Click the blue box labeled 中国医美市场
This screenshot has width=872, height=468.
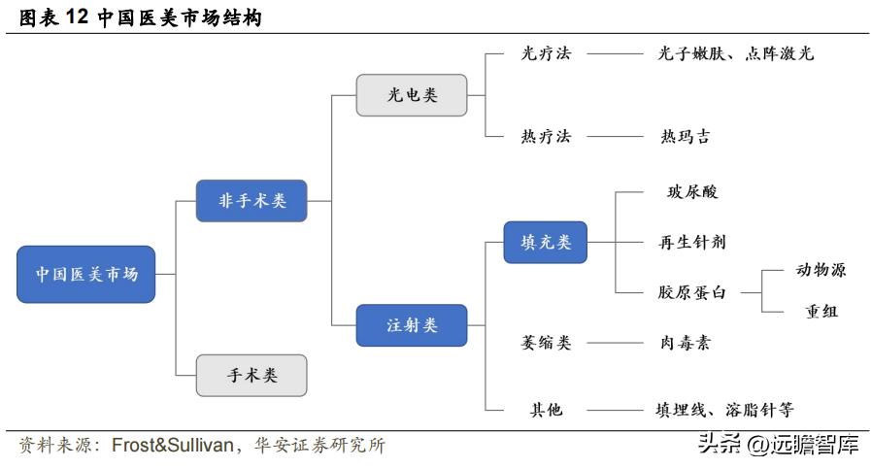point(86,274)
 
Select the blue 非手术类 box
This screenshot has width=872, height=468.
point(252,201)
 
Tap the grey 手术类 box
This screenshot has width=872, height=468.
point(252,375)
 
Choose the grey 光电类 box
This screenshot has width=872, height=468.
point(412,95)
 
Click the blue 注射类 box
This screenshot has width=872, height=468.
point(412,325)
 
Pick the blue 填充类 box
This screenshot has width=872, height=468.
point(546,241)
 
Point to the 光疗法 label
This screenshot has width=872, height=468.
point(546,54)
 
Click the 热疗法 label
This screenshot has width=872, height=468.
point(546,137)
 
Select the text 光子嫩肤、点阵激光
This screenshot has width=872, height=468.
point(735,54)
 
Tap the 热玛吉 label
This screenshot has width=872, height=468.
point(685,137)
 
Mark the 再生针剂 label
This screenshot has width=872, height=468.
point(692,242)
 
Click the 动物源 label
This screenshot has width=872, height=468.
point(821,270)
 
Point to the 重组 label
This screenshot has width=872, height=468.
point(821,312)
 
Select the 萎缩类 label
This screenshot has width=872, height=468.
point(546,343)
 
